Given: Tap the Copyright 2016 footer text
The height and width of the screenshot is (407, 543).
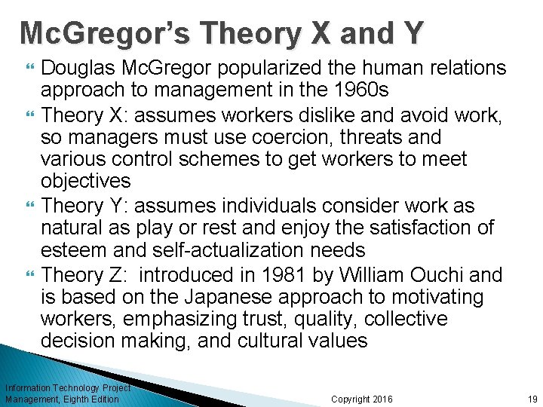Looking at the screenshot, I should click(x=362, y=399).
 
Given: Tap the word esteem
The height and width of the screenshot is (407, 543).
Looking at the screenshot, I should click(x=76, y=250).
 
